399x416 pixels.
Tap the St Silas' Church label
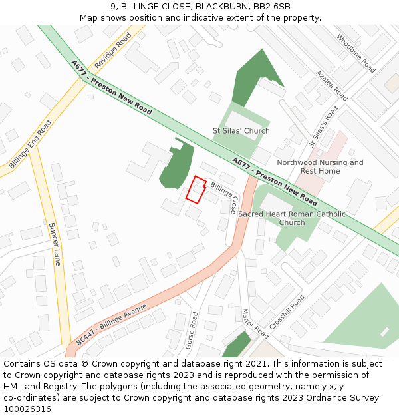(241, 131)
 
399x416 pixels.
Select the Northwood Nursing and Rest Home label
(320, 167)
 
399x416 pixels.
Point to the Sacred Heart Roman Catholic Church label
(292, 218)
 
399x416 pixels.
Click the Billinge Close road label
(224, 196)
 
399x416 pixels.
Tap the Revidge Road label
(112, 51)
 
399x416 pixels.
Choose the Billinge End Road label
(30, 144)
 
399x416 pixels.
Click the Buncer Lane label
(55, 244)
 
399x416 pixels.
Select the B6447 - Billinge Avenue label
(111, 324)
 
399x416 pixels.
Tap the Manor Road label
(255, 323)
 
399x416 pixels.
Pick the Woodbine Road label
(356, 53)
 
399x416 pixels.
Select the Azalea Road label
(331, 86)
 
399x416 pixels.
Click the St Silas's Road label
(323, 126)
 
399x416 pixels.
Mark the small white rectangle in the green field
(384, 331)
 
